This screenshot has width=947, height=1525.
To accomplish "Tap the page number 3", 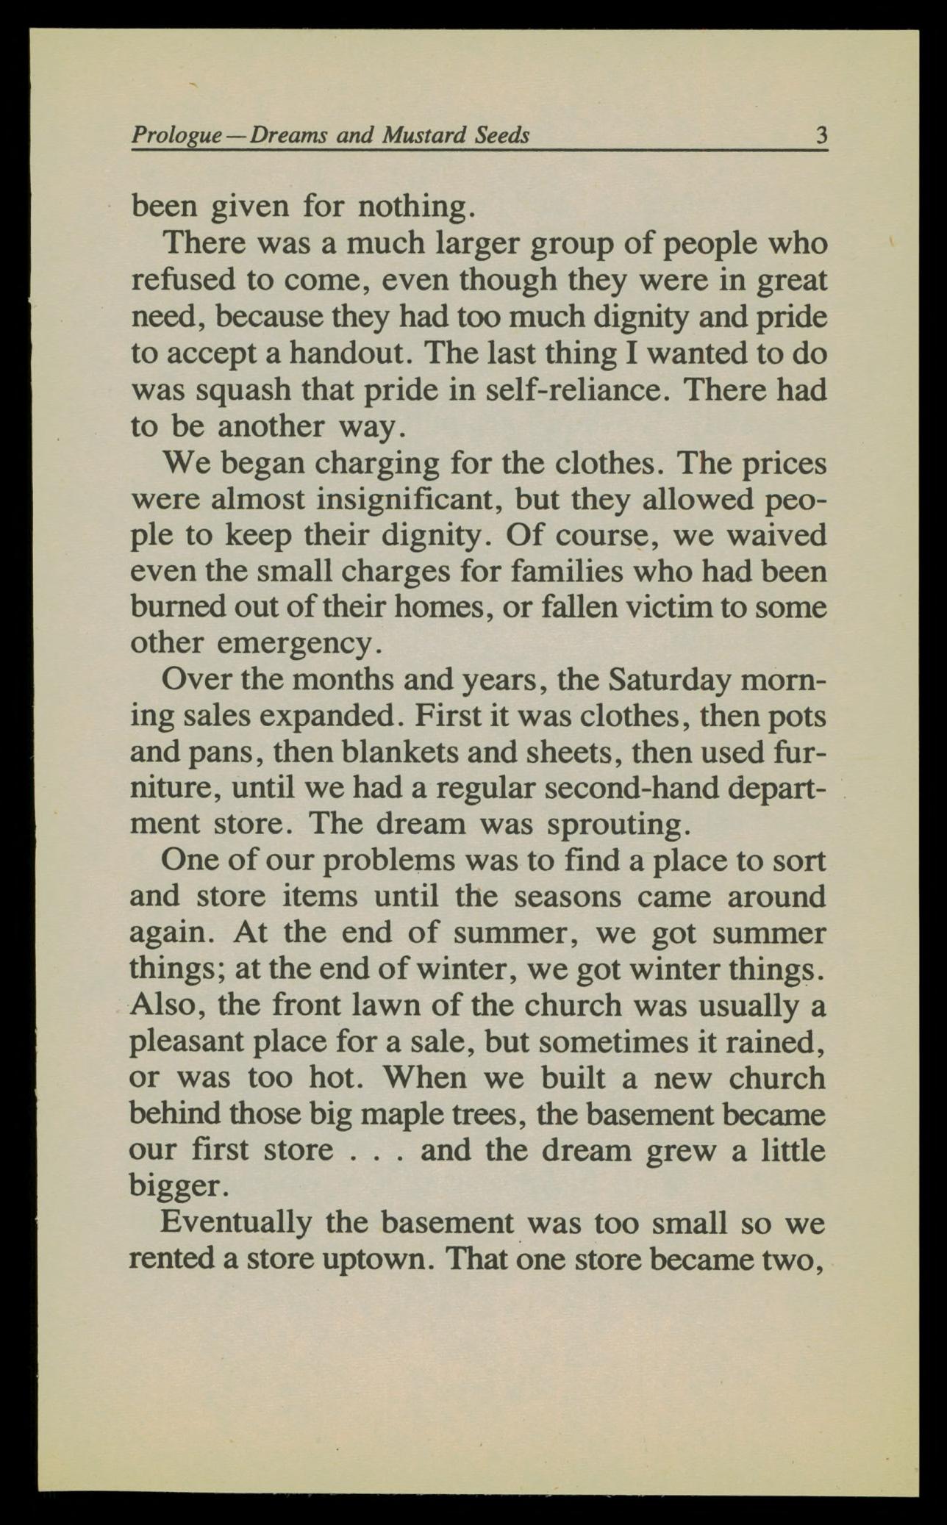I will [x=821, y=136].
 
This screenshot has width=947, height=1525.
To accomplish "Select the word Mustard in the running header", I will [x=424, y=136].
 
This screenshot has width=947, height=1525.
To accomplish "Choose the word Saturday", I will [x=669, y=680].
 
